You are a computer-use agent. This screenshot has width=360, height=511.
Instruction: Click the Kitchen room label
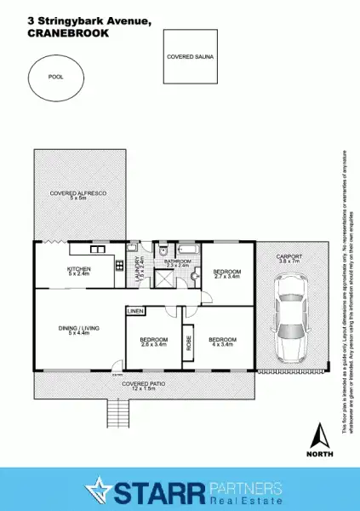tap(79, 272)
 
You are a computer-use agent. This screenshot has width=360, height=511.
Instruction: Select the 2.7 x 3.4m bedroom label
tap(227, 273)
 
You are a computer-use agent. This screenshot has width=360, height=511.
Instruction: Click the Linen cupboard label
tap(135, 313)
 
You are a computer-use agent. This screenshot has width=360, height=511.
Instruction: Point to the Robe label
tap(189, 344)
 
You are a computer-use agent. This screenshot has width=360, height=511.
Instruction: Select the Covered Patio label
tap(137, 386)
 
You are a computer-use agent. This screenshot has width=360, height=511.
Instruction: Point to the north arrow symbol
tap(320, 436)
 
